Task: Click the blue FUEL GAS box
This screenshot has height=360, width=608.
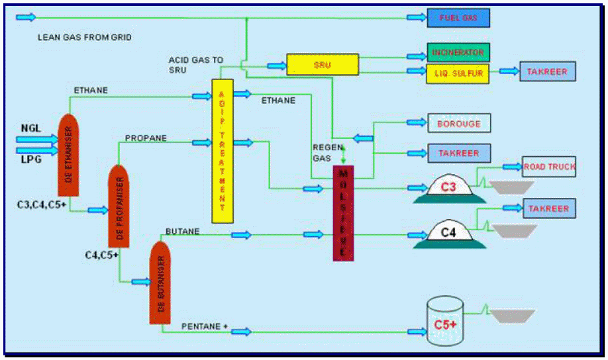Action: [458, 18]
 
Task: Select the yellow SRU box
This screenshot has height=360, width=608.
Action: [322, 64]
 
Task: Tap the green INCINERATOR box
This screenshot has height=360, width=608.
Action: [458, 52]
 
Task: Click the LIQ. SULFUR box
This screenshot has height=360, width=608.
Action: [458, 72]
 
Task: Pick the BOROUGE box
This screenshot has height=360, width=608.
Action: [458, 124]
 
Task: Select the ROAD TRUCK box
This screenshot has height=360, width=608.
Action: [549, 167]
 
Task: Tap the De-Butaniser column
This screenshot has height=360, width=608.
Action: [161, 283]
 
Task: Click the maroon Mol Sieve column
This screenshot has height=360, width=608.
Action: [343, 212]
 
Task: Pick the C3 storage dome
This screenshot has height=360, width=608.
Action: [449, 188]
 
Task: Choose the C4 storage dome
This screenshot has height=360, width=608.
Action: [449, 233]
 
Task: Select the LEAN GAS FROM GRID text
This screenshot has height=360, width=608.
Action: [85, 38]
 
